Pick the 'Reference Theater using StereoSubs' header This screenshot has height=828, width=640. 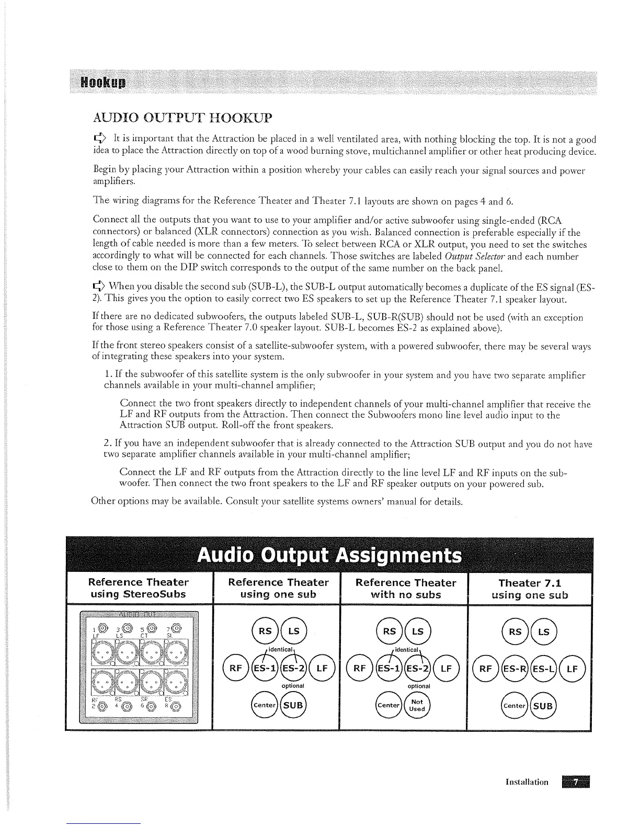(138, 588)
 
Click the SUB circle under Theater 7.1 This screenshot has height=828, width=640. (544, 705)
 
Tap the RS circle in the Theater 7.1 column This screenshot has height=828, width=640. (516, 631)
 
